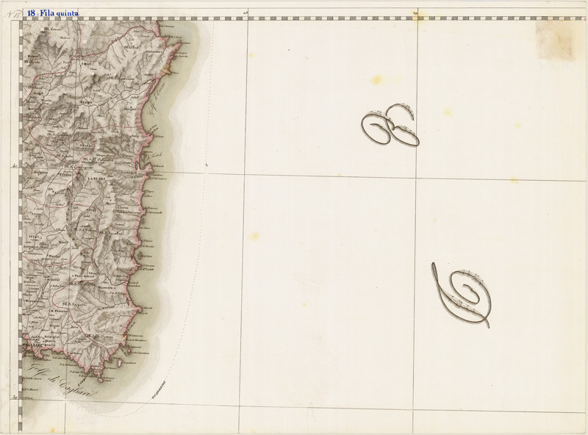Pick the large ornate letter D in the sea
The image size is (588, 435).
pyautogui.click(x=462, y=294)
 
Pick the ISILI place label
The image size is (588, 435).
pyautogui.click(x=34, y=236)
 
